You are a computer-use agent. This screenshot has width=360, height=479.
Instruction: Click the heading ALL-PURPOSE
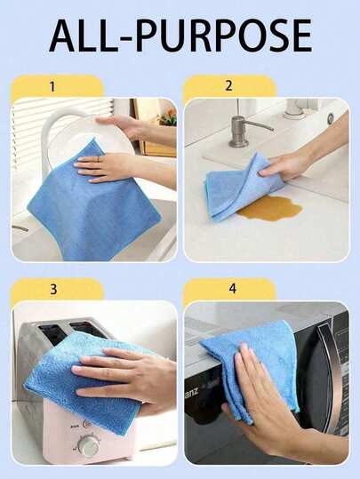180,36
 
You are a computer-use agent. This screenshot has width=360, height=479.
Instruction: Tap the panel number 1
52,87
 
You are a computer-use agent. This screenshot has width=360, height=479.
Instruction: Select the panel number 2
228,86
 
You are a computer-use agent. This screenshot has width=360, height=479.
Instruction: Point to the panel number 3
53,289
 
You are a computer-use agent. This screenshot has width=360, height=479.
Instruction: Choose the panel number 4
233,288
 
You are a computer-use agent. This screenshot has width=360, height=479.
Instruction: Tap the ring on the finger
98,159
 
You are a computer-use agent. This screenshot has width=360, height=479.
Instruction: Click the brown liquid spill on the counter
270,208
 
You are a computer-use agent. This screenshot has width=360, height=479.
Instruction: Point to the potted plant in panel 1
168,117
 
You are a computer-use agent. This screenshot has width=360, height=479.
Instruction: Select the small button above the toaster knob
88,424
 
